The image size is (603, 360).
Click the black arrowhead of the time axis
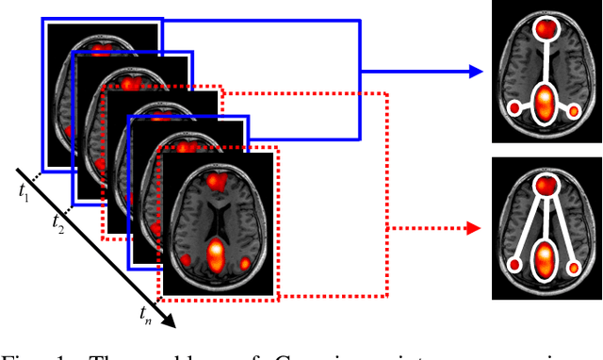point(170,320)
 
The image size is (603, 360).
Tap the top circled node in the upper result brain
point(546,29)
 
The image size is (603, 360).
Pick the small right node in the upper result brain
point(575,111)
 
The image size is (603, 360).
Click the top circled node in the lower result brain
point(546,185)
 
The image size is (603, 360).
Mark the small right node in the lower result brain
point(575,268)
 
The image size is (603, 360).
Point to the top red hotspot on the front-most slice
point(218,181)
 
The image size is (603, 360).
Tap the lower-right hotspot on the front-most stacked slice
point(248,265)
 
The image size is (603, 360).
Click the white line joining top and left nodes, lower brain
point(529,226)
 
